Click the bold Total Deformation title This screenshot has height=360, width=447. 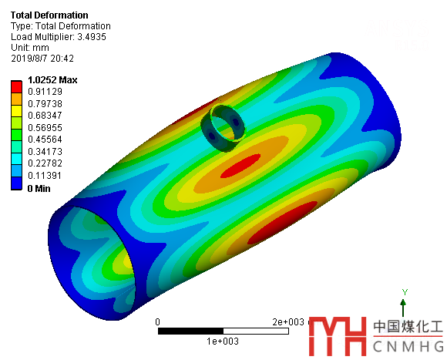point(49,15)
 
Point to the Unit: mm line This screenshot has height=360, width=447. point(30,48)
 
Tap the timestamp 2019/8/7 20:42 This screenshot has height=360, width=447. point(42,59)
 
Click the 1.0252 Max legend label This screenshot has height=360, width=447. point(52,80)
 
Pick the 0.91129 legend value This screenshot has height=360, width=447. point(45,92)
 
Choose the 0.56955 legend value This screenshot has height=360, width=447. point(45,127)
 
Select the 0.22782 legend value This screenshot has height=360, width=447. point(45,163)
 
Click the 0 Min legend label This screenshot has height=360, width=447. point(39,188)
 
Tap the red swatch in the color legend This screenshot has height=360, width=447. point(16,87)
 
